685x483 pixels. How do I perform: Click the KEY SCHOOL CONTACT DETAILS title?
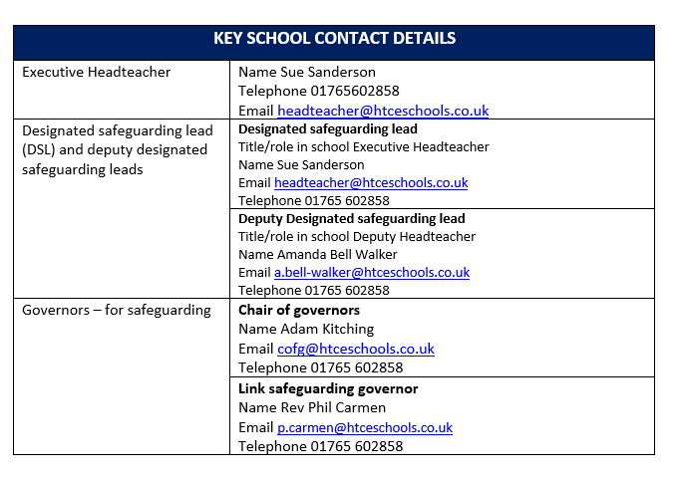(334, 39)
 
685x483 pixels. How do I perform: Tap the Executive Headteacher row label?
(96, 72)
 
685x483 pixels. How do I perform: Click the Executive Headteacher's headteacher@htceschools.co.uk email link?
(383, 111)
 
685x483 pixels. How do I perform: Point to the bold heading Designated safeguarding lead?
(328, 128)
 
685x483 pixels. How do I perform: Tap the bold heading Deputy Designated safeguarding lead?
(352, 218)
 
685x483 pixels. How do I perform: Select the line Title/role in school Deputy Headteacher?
(357, 236)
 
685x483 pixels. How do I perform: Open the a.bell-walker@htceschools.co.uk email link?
(372, 272)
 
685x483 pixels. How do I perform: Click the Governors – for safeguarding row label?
(117, 310)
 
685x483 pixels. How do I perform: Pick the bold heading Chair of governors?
(299, 310)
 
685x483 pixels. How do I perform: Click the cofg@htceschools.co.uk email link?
(356, 349)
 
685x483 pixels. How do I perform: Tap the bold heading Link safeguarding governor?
(328, 388)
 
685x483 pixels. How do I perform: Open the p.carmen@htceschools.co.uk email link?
(365, 427)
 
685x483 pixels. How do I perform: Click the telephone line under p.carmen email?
(320, 446)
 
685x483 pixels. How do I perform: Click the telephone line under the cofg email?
(320, 367)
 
